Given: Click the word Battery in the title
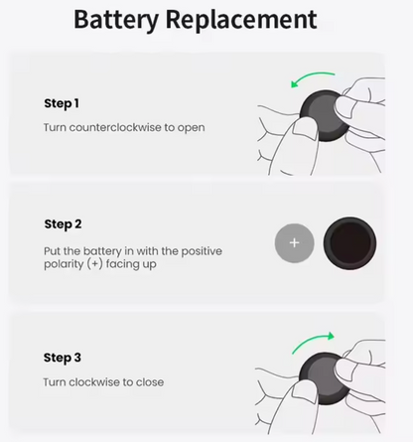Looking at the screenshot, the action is tap(116, 20).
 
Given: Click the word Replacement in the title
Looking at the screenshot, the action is tap(241, 20).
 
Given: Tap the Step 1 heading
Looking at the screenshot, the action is tap(62, 103).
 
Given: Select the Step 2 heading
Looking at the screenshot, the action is tap(63, 224).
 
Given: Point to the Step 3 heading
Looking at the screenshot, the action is tap(63, 358).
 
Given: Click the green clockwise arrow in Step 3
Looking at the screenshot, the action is tap(313, 341).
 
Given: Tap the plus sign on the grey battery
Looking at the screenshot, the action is tap(294, 243).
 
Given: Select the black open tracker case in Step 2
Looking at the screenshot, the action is tap(349, 243).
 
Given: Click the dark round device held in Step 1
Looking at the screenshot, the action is tap(324, 116).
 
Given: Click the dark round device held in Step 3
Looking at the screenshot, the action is tap(324, 378).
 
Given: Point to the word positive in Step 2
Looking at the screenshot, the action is tap(202, 251).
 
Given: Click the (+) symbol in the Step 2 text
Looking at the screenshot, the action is tap(96, 264).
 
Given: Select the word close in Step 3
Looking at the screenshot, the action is tap(150, 382).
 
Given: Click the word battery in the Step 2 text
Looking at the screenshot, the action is tap(102, 251).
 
